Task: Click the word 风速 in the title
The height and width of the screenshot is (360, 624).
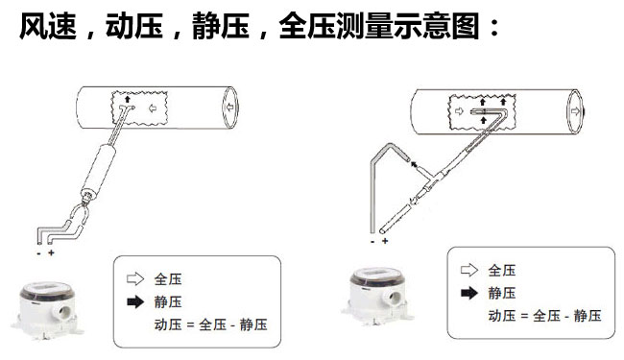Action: point(48,26)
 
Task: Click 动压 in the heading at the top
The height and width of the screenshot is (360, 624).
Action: point(134,26)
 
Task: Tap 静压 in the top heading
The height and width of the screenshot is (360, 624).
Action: point(221,26)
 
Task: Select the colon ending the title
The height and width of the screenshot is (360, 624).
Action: point(494,27)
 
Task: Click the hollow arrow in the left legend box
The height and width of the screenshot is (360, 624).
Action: point(135,278)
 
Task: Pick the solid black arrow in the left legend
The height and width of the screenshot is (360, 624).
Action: point(135,302)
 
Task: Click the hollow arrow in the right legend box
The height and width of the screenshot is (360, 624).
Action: point(469,270)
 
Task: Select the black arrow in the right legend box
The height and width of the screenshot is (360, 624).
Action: point(469,293)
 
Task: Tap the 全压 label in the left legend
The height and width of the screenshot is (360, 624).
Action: point(168,279)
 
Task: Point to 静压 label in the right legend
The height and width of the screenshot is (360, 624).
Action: point(502,294)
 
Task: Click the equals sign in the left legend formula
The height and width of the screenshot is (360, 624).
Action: point(190,325)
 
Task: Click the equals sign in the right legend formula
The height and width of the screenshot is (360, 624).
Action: point(524,316)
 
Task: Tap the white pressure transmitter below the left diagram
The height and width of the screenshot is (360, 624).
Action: point(47,310)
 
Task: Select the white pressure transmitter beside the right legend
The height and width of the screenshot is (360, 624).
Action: point(377,295)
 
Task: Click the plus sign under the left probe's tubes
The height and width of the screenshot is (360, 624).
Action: point(51,252)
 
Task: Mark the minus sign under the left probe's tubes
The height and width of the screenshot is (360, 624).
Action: point(38,253)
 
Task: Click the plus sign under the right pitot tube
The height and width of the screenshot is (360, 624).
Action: point(385,241)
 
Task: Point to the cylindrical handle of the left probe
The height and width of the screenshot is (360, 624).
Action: point(99,169)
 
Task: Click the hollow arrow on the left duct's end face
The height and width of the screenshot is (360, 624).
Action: point(229,107)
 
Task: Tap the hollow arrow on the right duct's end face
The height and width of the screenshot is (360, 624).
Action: point(575,111)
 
